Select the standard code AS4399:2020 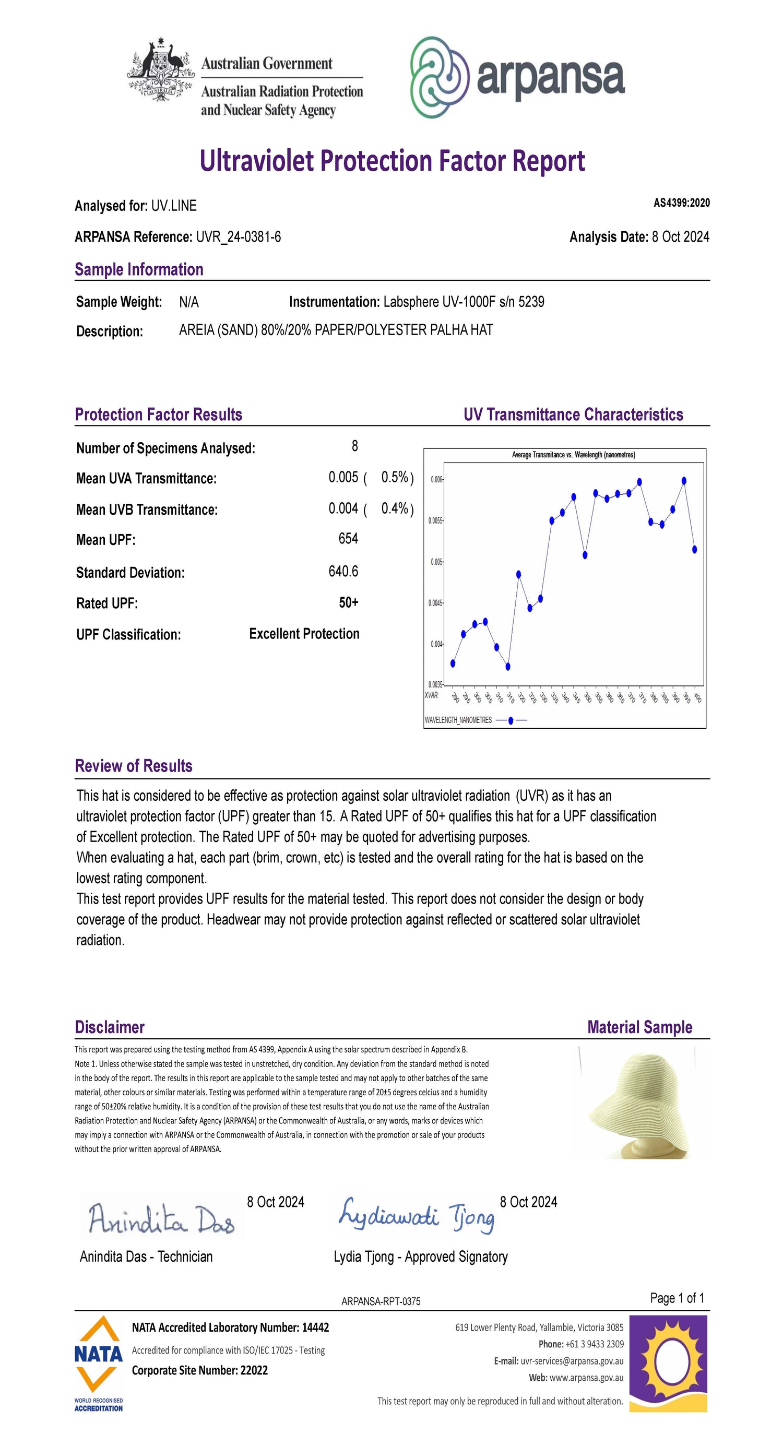tap(681, 203)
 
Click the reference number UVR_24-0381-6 tap(238, 237)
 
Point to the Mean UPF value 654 tap(348, 539)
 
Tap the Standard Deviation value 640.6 tap(343, 572)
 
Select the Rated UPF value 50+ tap(349, 603)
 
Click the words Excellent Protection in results tap(304, 634)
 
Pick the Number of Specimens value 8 tap(355, 446)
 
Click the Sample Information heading tap(139, 269)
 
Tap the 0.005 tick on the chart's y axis tap(437, 562)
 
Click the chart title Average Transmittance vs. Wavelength tap(573, 455)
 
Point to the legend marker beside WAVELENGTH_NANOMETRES tap(511, 720)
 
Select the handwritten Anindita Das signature tap(161, 1220)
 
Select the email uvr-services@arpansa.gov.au tap(572, 1361)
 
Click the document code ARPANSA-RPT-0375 tap(381, 1301)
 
